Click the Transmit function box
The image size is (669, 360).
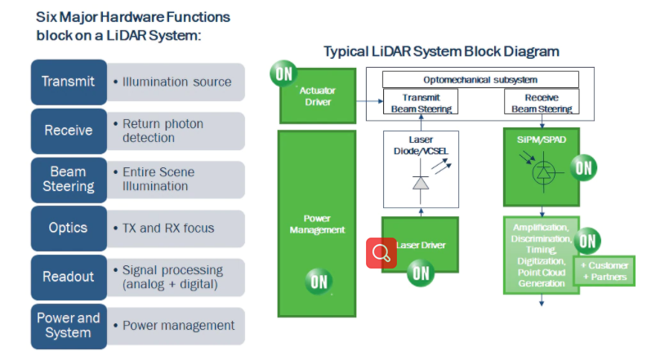coord(69,82)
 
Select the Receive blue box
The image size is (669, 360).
coord(69,131)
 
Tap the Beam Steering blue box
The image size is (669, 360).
coord(69,180)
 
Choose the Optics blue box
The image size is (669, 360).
coord(69,228)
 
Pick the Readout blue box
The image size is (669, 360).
coord(69,277)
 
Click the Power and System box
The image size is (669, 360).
coord(69,325)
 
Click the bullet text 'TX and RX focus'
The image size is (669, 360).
coord(168,228)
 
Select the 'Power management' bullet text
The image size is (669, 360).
coord(178,326)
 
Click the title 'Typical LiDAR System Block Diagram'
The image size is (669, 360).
coord(441,51)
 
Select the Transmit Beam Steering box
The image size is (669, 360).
coord(421,101)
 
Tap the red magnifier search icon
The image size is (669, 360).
coord(381,253)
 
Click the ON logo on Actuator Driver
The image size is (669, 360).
coord(283,73)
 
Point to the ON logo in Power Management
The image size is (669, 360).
coord(319,282)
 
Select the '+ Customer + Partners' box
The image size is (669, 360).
coord(604,270)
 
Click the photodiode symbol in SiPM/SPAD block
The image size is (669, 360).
coord(542,173)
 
